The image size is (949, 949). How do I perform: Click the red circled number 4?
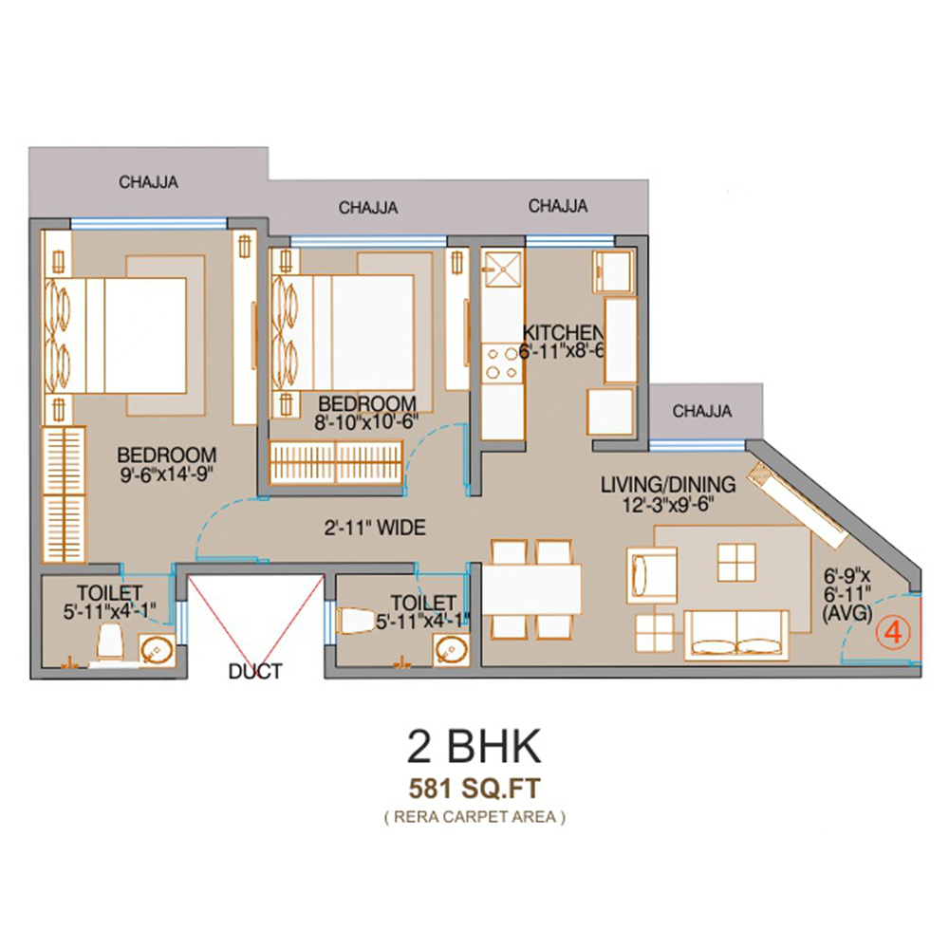893,633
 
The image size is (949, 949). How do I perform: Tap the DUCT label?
255,671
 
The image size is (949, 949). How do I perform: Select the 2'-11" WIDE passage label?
375,528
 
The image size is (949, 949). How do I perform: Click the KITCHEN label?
563,332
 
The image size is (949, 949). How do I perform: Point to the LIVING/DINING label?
668,484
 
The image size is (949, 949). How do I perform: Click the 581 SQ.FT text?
474,789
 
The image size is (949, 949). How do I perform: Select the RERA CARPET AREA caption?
474,817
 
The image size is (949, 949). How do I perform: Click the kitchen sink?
502,269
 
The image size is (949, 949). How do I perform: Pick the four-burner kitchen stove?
502,363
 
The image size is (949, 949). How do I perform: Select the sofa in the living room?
736,634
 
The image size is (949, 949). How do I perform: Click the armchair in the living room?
652,575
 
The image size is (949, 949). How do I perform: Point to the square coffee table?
736,562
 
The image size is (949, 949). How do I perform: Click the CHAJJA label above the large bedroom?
148,182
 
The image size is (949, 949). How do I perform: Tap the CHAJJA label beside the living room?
702,412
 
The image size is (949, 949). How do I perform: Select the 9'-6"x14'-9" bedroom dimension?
167,474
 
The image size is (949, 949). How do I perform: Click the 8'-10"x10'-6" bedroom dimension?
366,422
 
